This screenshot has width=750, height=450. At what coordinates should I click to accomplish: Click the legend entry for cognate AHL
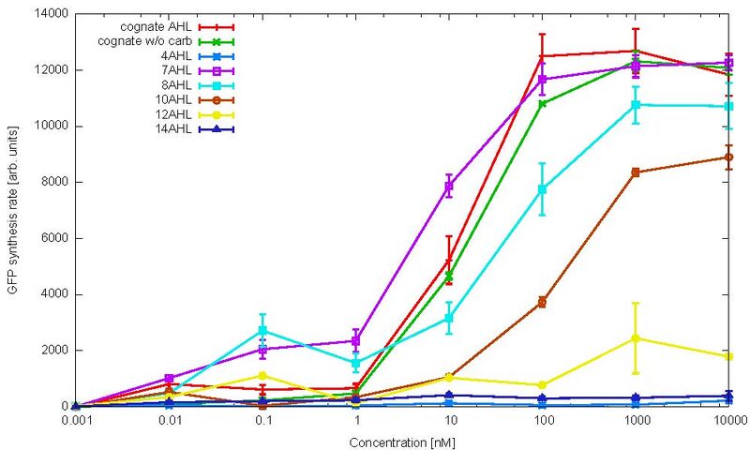[x=156, y=26]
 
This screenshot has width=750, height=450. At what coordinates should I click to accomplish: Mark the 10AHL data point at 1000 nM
[x=637, y=172]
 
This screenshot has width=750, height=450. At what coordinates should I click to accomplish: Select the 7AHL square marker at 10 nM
[x=449, y=187]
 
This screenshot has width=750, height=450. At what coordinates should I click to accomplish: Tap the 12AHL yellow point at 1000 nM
[x=637, y=337]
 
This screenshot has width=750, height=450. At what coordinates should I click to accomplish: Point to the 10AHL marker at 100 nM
[x=543, y=302]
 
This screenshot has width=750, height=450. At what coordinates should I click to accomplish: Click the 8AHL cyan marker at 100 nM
[x=543, y=189]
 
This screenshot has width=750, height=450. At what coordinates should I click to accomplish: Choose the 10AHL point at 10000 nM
[x=729, y=157]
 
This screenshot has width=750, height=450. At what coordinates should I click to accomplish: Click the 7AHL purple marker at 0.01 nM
[x=169, y=378]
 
